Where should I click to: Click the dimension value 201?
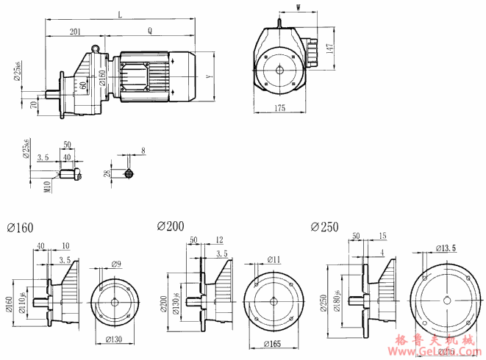point(75,32)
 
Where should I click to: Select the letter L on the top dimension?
point(119,15)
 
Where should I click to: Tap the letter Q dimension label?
point(150,32)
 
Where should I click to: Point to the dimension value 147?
point(332,47)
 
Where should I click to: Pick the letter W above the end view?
point(299,9)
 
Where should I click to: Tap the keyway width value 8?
point(143,150)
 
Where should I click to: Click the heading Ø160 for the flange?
point(19,228)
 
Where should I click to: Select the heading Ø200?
point(170,226)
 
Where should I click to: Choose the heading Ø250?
point(324,227)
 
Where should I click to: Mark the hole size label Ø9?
point(117,264)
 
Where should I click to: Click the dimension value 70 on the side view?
point(34,105)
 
